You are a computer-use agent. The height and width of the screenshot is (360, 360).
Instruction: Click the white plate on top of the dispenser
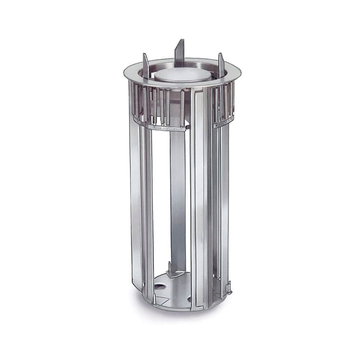pyautogui.click(x=179, y=75)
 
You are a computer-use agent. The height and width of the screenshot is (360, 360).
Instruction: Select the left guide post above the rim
pyautogui.click(x=145, y=65)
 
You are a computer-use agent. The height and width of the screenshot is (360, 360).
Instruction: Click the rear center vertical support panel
pyautogui.click(x=178, y=198)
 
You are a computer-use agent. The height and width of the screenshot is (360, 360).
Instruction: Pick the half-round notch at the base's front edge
pyautogui.click(x=189, y=299)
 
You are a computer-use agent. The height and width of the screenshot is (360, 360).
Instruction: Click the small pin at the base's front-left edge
pyautogui.click(x=154, y=298)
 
